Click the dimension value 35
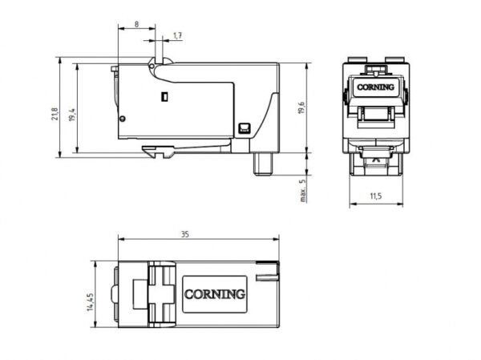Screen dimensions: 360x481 185,235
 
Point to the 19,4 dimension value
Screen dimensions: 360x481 72,115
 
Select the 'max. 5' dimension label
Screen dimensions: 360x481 303,190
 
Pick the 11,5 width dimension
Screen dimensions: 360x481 374,196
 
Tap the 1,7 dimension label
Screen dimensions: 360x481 177,36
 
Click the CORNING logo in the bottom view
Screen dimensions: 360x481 215,293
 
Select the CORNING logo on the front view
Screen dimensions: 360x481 374,87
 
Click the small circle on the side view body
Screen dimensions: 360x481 122,119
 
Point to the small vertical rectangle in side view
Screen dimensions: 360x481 164,98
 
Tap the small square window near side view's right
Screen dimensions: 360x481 245,127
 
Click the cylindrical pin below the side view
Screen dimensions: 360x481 263,163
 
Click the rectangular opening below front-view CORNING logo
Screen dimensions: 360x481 374,111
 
